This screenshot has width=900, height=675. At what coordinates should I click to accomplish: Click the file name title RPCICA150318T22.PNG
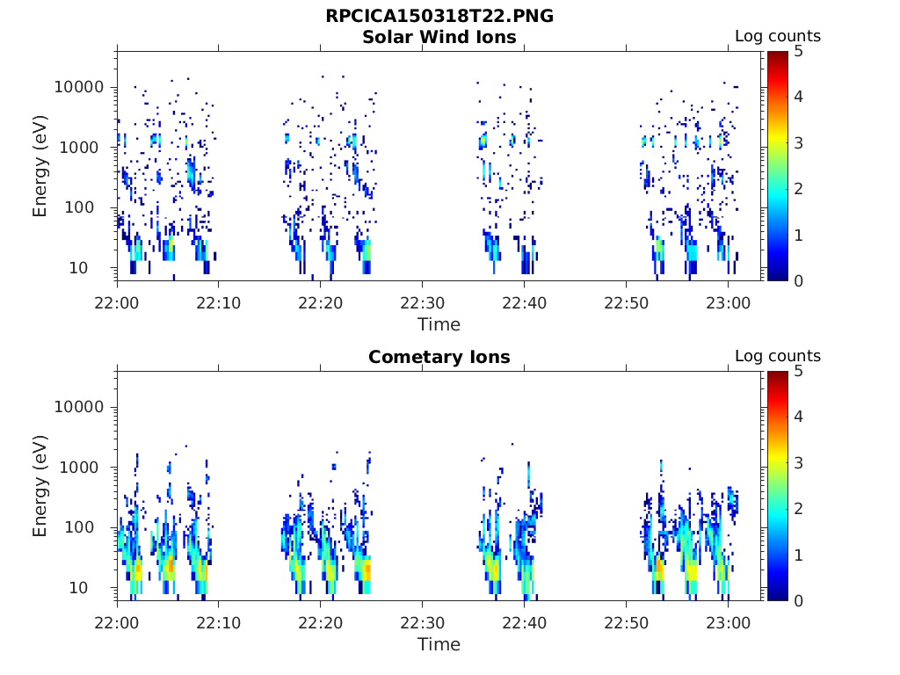pyautogui.click(x=439, y=16)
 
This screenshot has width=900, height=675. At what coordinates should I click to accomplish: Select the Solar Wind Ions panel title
pyautogui.click(x=439, y=37)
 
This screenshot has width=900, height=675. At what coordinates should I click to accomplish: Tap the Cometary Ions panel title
pyautogui.click(x=439, y=357)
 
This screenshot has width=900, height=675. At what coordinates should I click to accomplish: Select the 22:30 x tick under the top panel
pyautogui.click(x=423, y=302)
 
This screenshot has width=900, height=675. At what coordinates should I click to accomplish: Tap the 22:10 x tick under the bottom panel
pyautogui.click(x=219, y=622)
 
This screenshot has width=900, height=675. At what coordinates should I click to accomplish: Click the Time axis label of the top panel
pyautogui.click(x=439, y=324)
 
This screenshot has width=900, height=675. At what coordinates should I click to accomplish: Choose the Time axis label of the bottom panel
pyautogui.click(x=439, y=644)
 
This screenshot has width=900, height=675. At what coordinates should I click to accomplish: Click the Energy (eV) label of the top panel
pyautogui.click(x=40, y=166)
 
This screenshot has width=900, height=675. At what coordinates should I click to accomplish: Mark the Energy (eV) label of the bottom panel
pyautogui.click(x=40, y=486)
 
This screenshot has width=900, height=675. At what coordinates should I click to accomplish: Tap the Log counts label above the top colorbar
pyautogui.click(x=777, y=36)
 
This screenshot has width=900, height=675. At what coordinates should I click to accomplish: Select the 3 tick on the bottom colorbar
pyautogui.click(x=798, y=463)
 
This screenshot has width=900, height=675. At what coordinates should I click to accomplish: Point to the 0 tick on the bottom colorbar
pyautogui.click(x=798, y=600)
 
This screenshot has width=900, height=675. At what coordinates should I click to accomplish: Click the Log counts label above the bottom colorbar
pyautogui.click(x=777, y=356)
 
